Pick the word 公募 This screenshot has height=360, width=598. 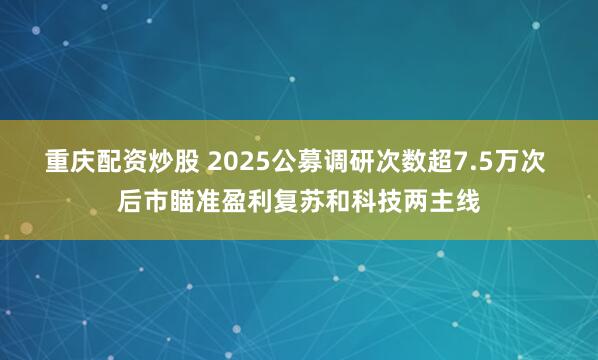[299, 162]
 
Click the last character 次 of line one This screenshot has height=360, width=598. [541, 162]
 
